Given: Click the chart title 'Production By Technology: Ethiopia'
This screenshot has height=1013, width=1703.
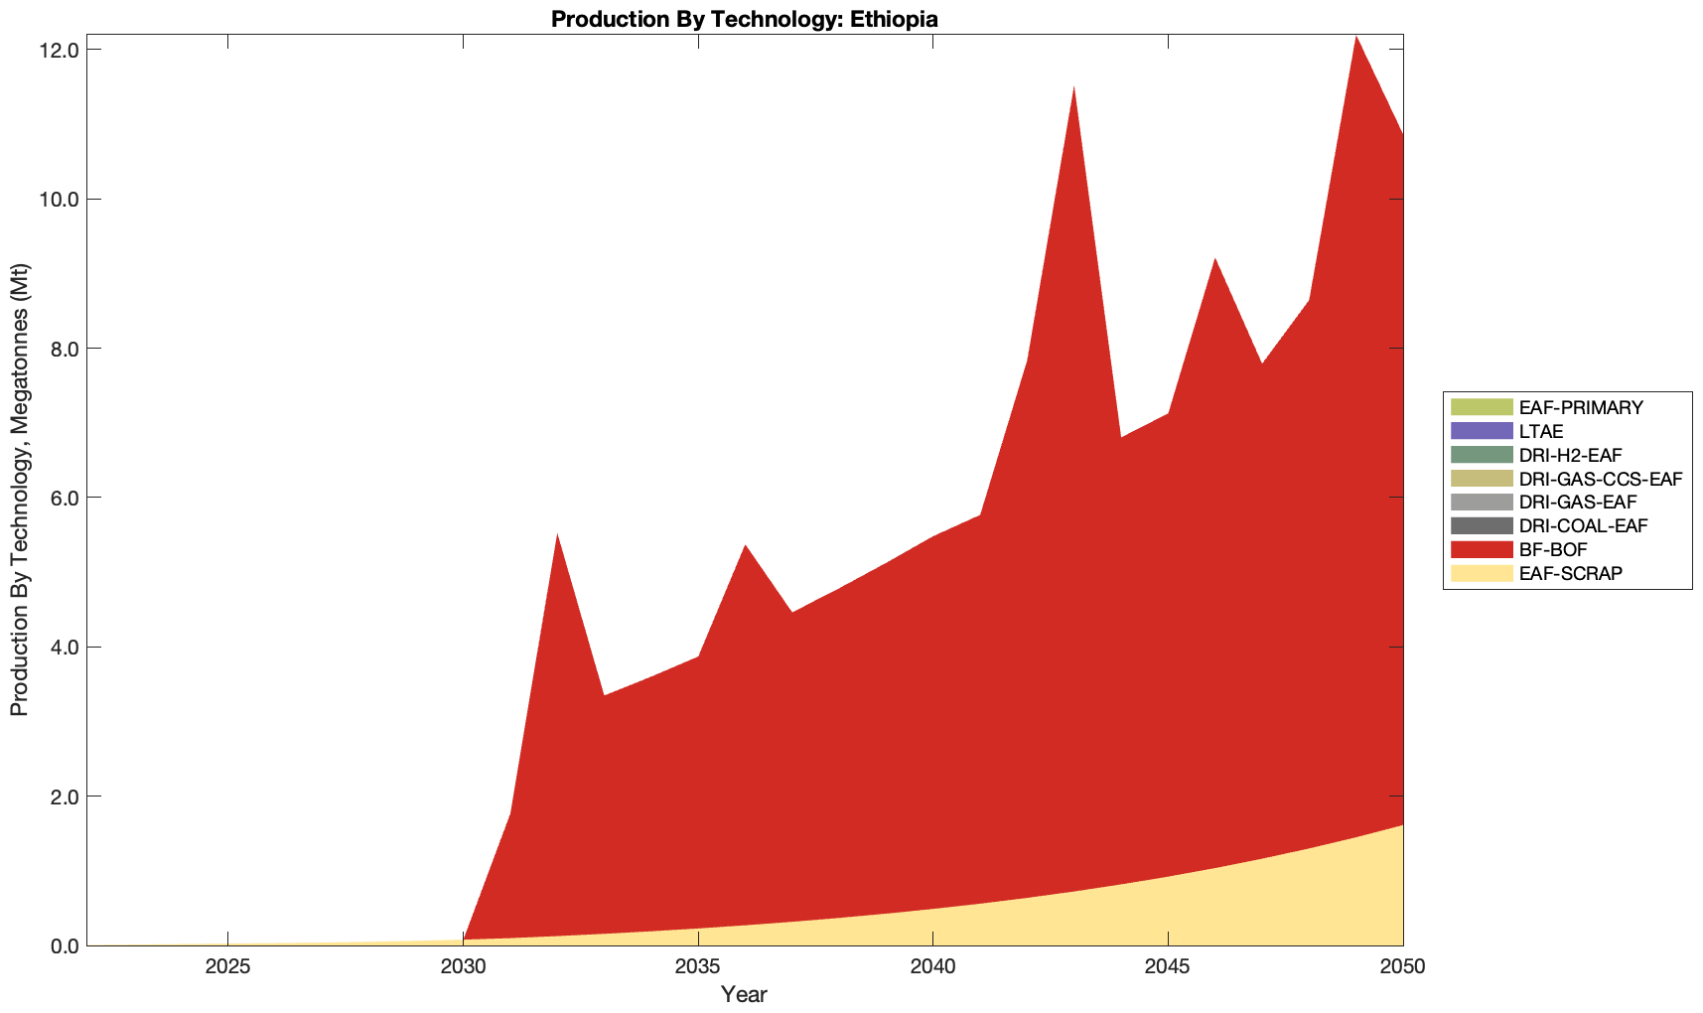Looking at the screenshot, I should point(744,19).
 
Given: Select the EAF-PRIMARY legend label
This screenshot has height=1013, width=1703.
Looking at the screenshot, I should point(1581,407).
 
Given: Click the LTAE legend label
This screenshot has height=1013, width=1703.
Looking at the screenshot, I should point(1541,431).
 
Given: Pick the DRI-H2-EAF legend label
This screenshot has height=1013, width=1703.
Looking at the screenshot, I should point(1570,455).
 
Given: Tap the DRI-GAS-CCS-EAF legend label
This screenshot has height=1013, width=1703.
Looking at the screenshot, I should point(1601,479).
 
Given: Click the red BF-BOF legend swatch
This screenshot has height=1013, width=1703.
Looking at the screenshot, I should point(1482,549).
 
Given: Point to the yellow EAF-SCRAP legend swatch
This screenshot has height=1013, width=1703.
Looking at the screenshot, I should point(1482,573).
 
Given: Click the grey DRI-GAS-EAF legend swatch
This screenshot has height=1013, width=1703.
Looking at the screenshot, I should point(1482,502).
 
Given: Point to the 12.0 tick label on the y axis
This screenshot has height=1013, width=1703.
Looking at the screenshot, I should point(60,51).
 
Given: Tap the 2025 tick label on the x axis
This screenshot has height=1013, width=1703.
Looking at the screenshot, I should point(227,968).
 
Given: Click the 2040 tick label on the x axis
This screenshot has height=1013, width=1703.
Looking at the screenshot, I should point(932,968).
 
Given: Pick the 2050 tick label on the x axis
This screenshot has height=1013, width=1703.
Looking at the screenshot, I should point(1402,968).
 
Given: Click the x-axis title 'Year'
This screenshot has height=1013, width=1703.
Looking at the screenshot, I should point(744,994).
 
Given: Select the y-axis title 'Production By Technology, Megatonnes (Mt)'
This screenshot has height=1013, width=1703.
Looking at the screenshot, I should point(19,490).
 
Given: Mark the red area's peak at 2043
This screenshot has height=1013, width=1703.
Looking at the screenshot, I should point(1073,88).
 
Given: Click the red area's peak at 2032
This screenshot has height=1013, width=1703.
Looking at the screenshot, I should point(557,535).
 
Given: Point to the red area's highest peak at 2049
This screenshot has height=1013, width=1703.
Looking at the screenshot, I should point(1355,38).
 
